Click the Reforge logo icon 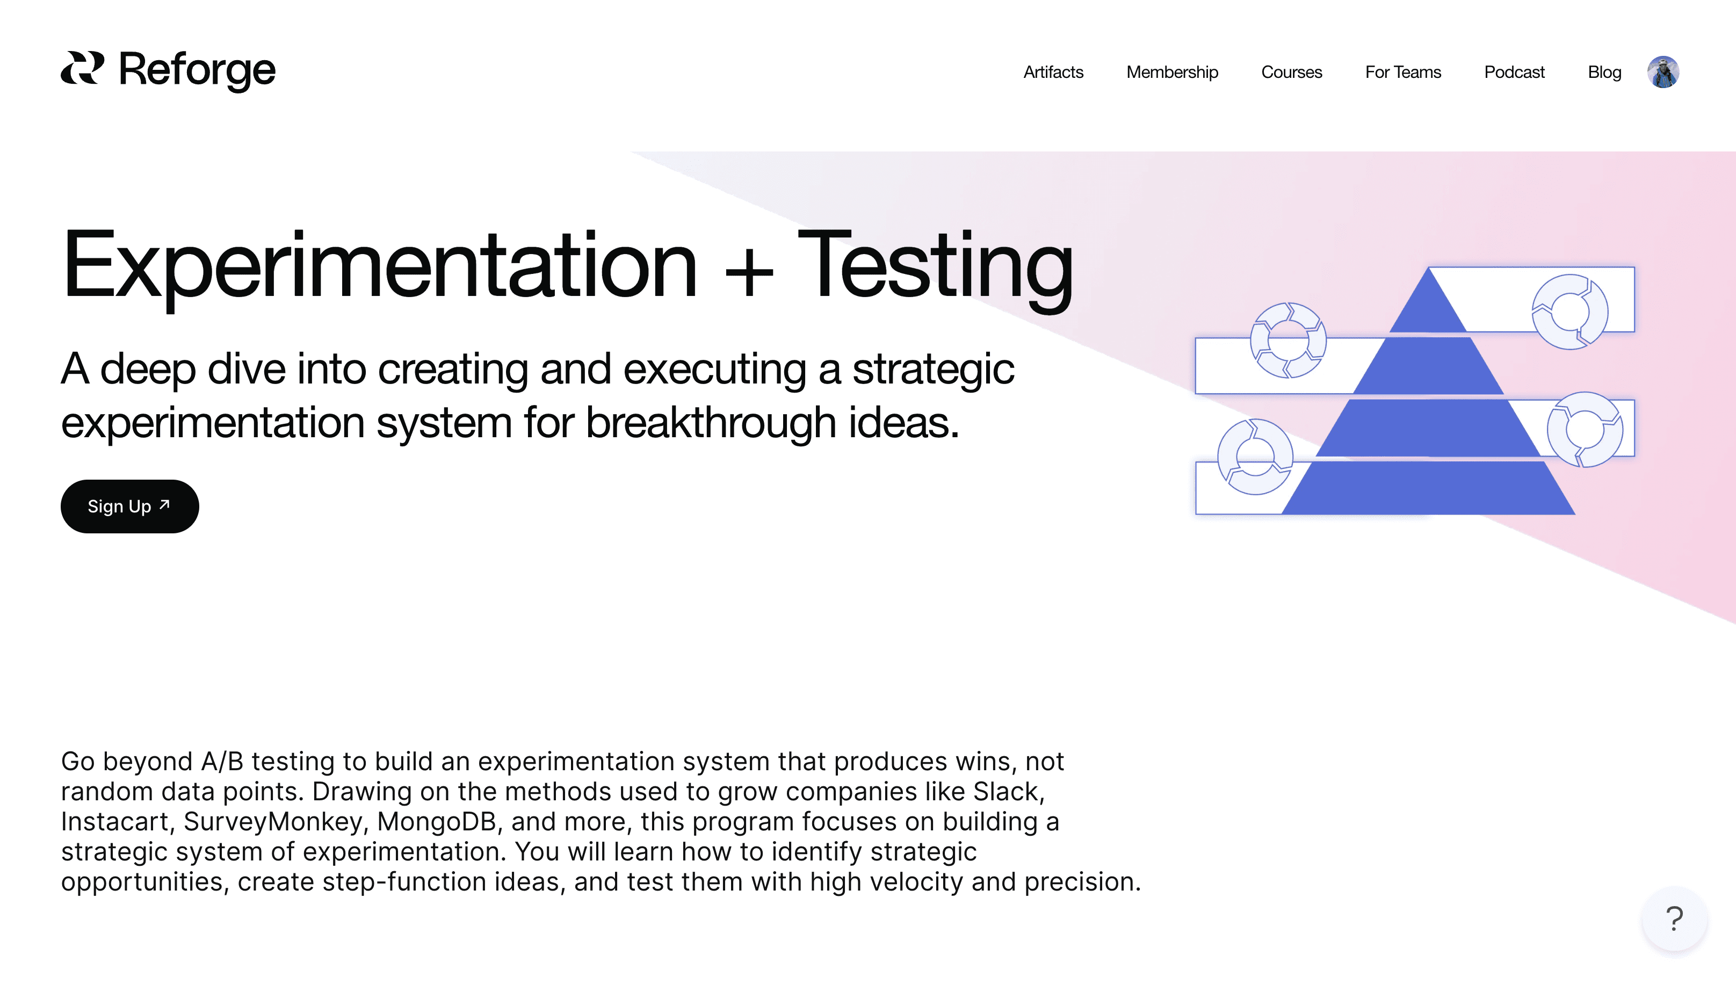coord(82,68)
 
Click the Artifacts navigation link coord(1053,73)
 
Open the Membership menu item coord(1172,73)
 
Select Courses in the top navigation coord(1291,73)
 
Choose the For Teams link coord(1403,73)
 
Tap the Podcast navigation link coord(1514,73)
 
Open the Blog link coord(1604,73)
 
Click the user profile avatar coord(1663,71)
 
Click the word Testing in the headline coord(935,269)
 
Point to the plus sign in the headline coord(748,274)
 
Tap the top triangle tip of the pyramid coord(1428,269)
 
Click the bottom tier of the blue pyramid coord(1428,488)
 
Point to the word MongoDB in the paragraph coord(436,822)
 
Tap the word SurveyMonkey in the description coord(273,822)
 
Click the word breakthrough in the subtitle coord(710,422)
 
